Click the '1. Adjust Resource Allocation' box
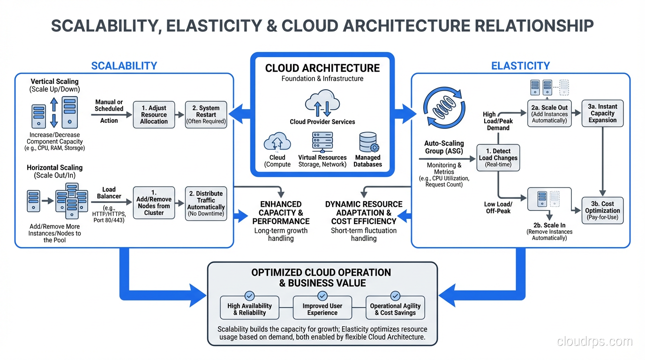click(x=154, y=114)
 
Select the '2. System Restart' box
click(x=206, y=114)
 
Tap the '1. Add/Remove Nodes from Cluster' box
click(x=154, y=202)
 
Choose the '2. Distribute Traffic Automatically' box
click(x=206, y=203)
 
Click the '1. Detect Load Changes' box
click(x=498, y=157)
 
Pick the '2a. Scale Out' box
click(x=549, y=114)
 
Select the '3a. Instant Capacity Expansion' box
click(x=602, y=113)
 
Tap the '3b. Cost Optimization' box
click(x=602, y=210)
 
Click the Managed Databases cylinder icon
click(x=368, y=142)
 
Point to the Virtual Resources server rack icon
click(x=322, y=142)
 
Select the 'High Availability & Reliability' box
click(x=249, y=309)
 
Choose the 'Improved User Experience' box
click(x=322, y=309)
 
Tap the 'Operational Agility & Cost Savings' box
click(x=395, y=309)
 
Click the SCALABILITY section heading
click(x=124, y=66)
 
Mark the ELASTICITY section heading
click(x=520, y=66)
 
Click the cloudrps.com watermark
click(x=594, y=342)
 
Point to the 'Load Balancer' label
click(x=109, y=193)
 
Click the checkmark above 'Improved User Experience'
click(x=322, y=296)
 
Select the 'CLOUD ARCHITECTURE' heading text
click(x=322, y=68)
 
